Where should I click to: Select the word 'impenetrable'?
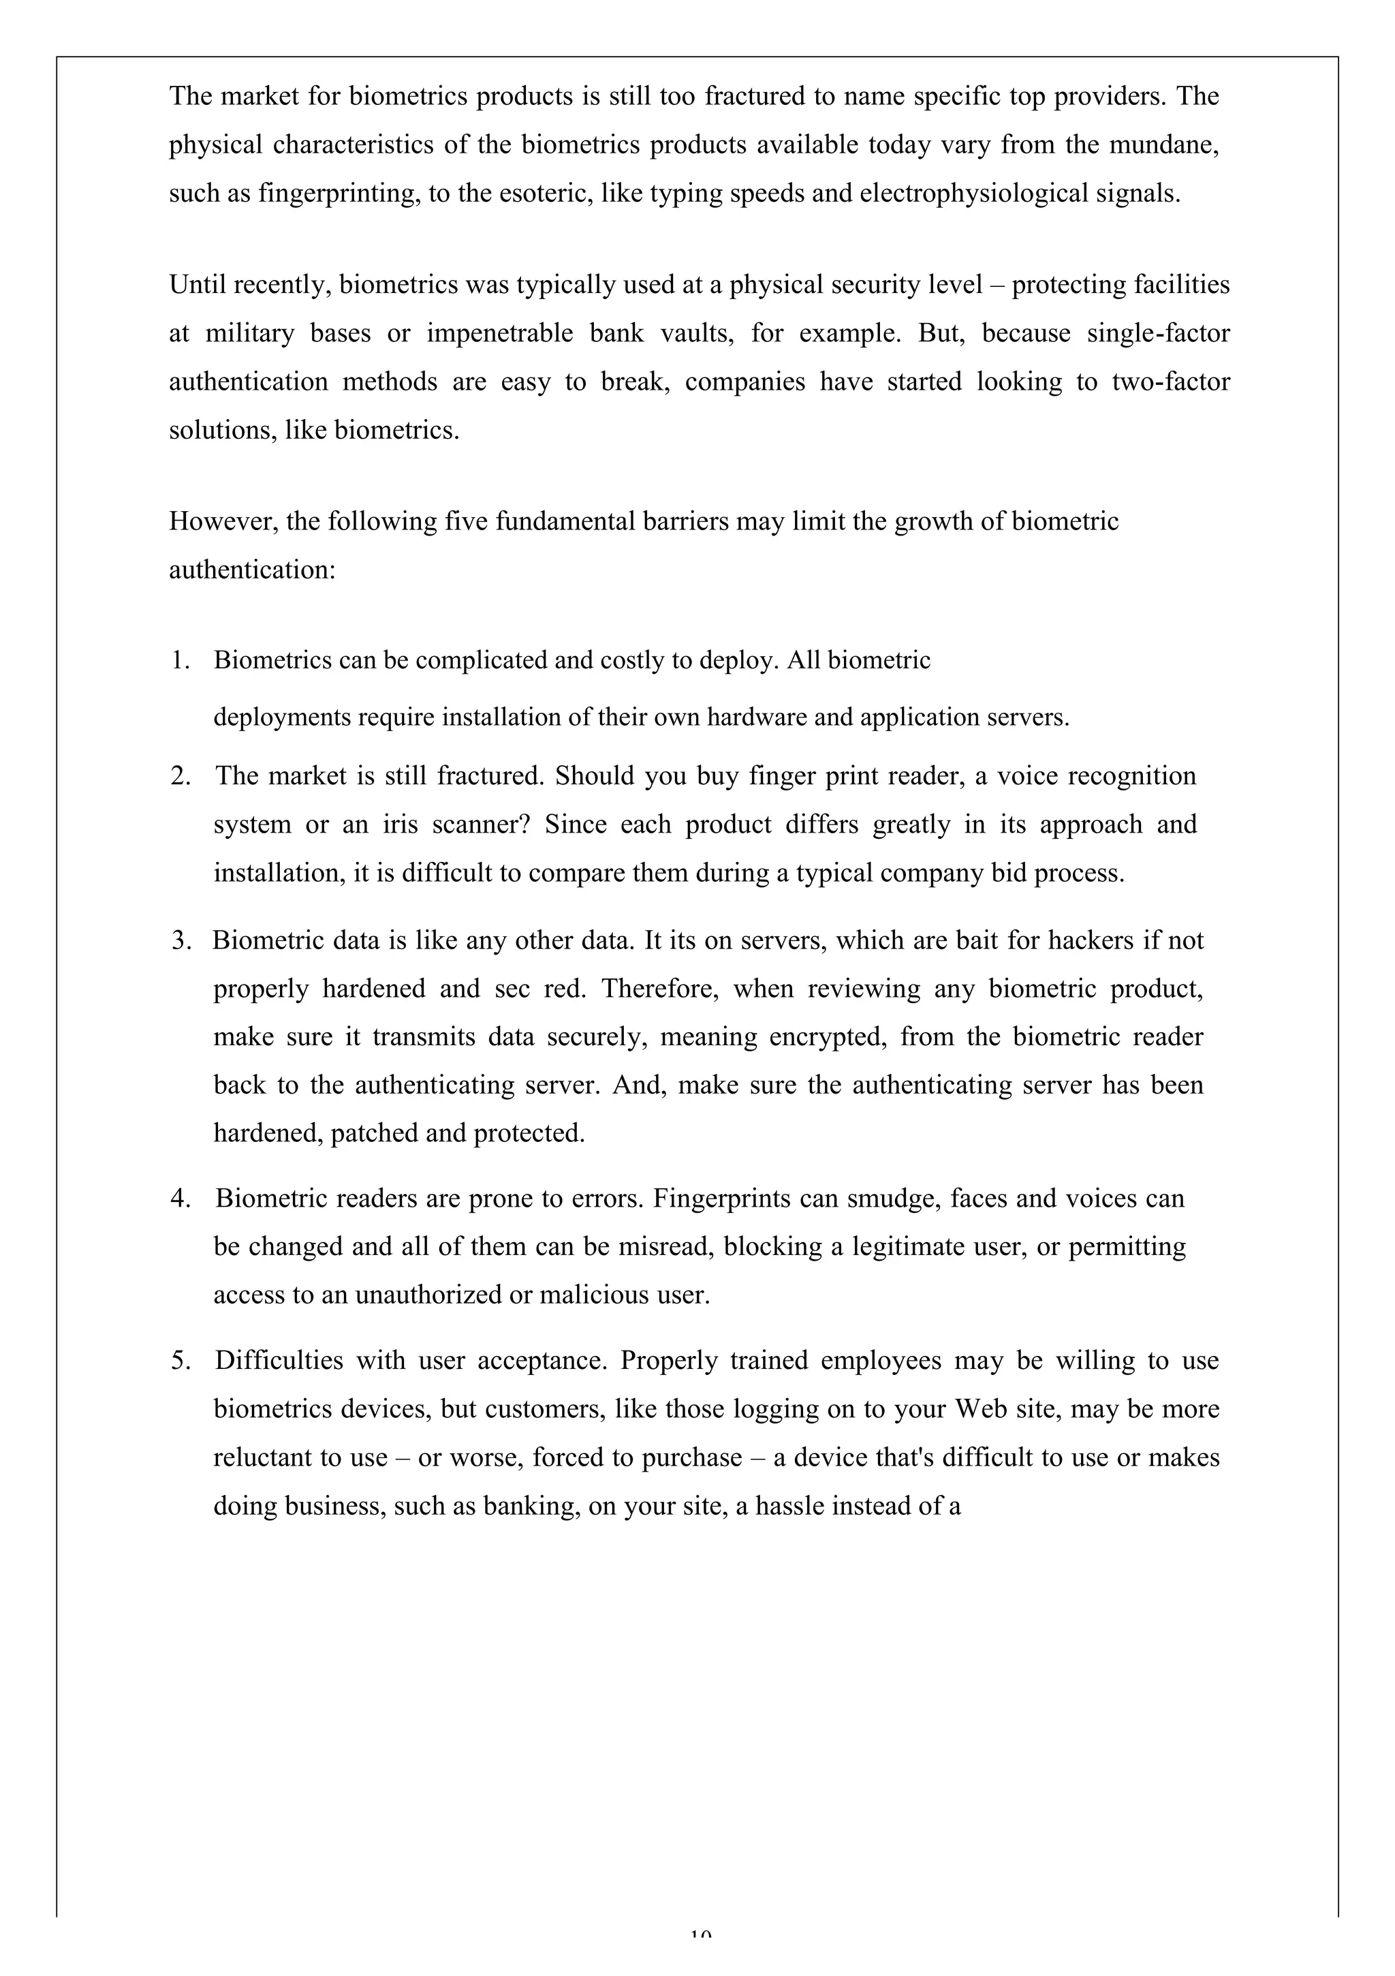click(x=499, y=333)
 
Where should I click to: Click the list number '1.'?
click(x=180, y=660)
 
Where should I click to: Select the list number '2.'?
click(x=180, y=776)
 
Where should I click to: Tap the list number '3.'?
click(x=180, y=941)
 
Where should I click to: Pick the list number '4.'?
click(x=180, y=1199)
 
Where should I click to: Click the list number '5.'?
click(x=180, y=1361)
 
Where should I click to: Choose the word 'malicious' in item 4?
click(x=595, y=1295)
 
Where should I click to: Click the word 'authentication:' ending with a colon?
click(x=251, y=570)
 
